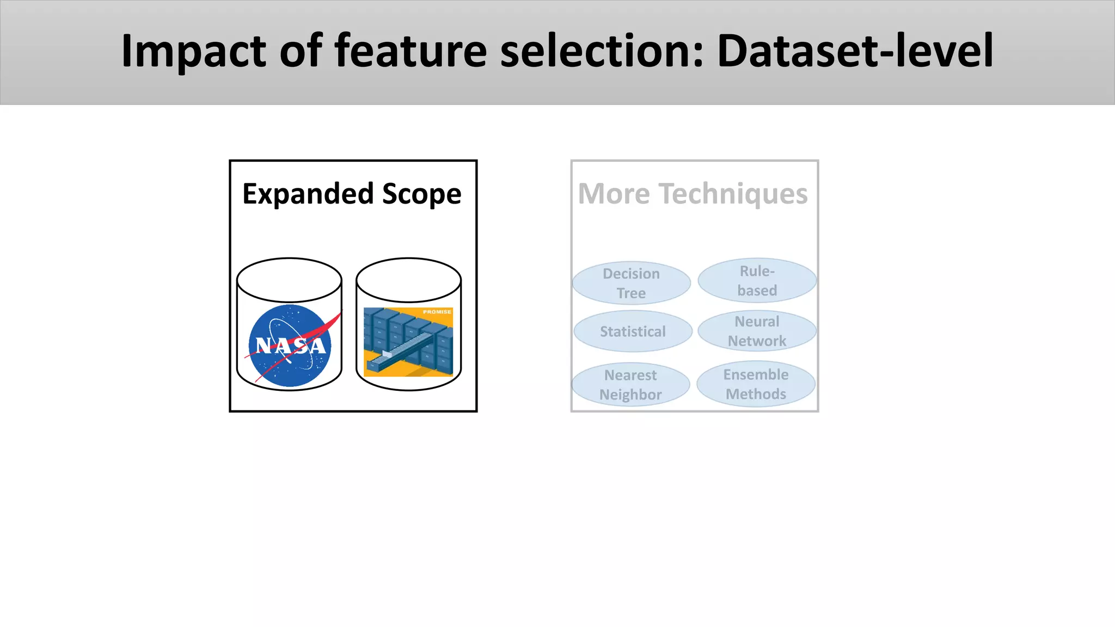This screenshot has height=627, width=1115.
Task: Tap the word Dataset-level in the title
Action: click(855, 52)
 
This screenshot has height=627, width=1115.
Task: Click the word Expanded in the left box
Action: click(308, 194)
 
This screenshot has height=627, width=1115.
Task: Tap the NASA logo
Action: click(290, 346)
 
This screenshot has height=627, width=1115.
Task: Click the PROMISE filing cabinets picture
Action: click(408, 343)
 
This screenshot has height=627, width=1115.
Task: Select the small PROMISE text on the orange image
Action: click(437, 312)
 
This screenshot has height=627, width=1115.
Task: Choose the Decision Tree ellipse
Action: click(631, 283)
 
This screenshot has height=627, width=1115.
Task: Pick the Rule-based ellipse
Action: click(757, 280)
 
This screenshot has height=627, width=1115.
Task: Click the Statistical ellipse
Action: click(633, 331)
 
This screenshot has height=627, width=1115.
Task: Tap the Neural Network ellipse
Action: click(757, 331)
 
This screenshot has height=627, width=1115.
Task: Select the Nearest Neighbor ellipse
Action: click(630, 384)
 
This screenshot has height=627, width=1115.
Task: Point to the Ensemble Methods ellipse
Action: click(756, 384)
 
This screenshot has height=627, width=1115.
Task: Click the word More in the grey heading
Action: click(614, 194)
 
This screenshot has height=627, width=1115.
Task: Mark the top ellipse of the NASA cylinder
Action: click(289, 280)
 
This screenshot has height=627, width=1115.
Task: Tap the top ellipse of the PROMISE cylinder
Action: click(408, 280)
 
